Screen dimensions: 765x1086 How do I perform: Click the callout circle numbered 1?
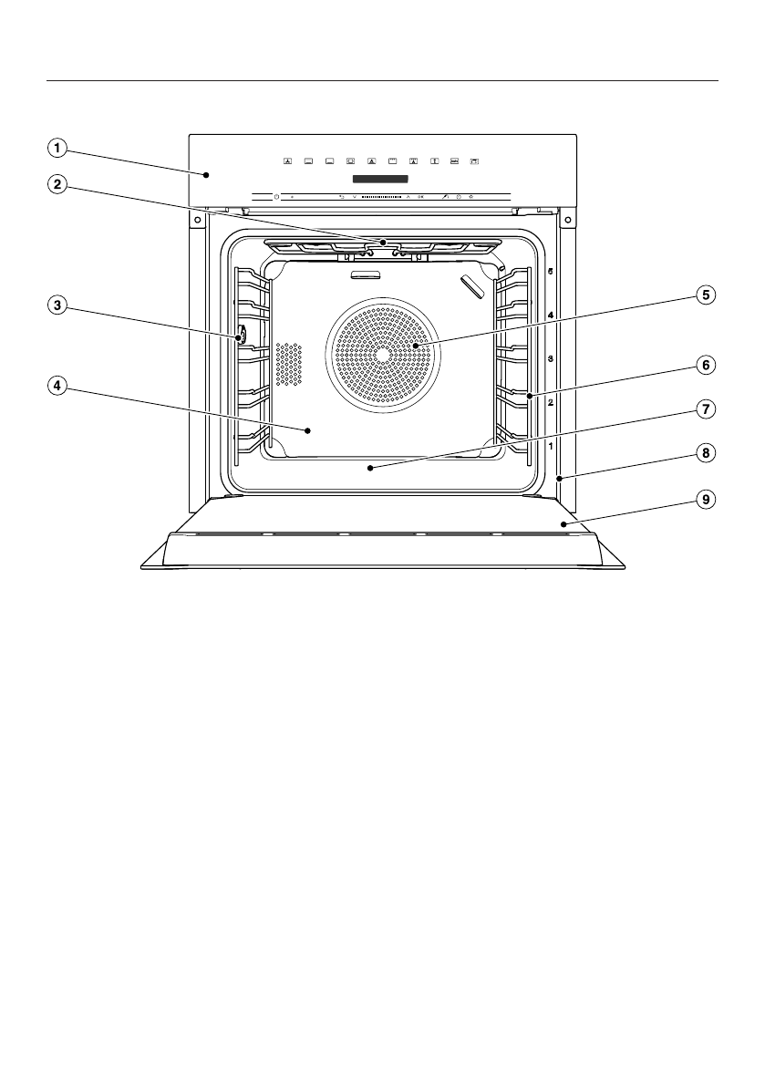57,147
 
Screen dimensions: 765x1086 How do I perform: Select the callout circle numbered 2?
57,184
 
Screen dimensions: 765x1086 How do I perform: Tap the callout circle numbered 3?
57,307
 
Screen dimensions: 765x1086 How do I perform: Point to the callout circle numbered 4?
57,386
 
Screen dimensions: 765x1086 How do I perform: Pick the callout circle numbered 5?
704,295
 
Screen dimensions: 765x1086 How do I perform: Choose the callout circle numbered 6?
704,365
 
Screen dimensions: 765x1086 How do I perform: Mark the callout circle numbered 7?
704,409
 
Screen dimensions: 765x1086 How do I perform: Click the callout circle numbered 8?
704,451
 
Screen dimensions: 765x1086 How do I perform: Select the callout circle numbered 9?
704,499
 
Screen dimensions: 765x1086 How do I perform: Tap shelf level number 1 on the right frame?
550,446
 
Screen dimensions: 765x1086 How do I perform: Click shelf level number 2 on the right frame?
550,402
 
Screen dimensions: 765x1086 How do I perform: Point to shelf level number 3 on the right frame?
550,358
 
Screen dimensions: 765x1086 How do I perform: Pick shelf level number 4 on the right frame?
550,315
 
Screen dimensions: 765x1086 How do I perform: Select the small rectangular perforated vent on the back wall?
288,364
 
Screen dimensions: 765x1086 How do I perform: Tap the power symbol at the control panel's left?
276,196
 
